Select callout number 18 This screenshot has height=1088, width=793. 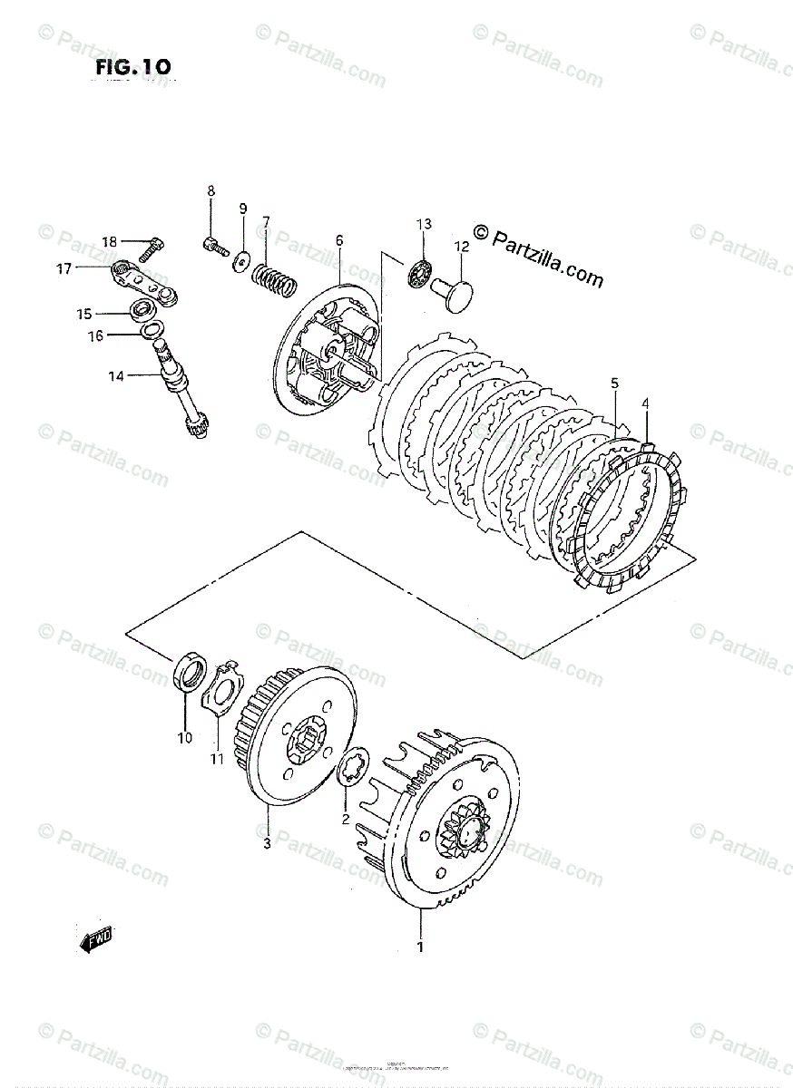(x=110, y=242)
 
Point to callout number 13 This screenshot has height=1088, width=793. (x=425, y=224)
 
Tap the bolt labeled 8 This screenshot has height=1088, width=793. (x=214, y=244)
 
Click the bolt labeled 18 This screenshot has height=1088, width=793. (x=155, y=245)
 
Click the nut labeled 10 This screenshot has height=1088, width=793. (x=188, y=675)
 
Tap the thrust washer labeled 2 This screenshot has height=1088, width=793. (x=349, y=768)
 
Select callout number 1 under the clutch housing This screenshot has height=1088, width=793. (x=421, y=948)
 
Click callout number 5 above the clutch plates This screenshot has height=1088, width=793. (x=614, y=384)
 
